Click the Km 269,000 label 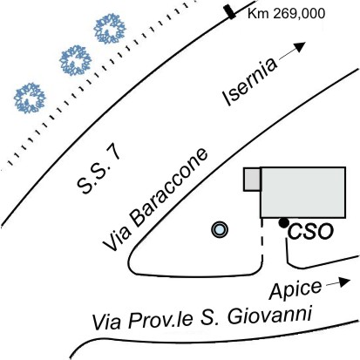click(x=286, y=14)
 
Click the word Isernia click(x=249, y=82)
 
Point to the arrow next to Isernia click(x=292, y=51)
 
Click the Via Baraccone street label click(x=155, y=200)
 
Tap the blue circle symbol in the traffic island click(x=220, y=229)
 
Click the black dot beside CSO click(x=283, y=223)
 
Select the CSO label click(x=310, y=232)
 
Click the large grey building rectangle click(x=302, y=193)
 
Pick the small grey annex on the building click(x=252, y=180)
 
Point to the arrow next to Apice click(x=338, y=282)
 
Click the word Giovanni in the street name click(x=269, y=316)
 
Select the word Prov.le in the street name click(x=160, y=320)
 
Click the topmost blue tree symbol click(x=110, y=29)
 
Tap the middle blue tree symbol click(x=75, y=60)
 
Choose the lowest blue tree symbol click(x=30, y=98)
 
